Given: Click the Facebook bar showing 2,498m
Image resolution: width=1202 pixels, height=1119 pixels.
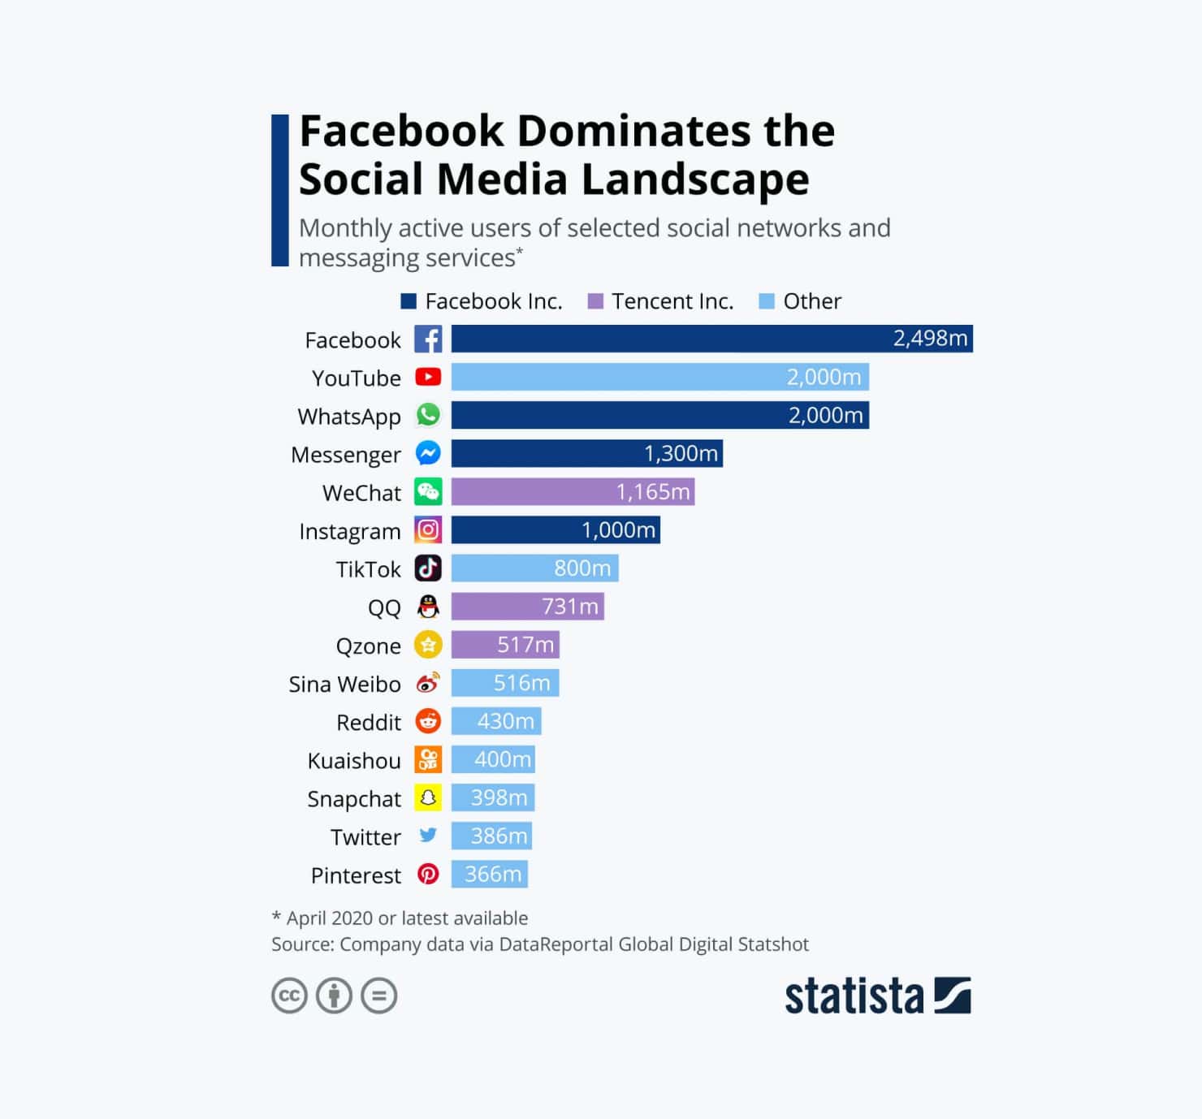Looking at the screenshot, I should pyautogui.click(x=711, y=339).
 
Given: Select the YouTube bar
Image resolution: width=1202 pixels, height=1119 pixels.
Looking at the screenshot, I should pyautogui.click(x=659, y=377).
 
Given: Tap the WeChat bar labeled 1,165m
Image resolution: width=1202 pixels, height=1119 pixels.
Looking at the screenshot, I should pyautogui.click(x=573, y=491).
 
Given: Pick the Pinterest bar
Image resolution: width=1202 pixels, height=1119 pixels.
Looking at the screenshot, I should pyautogui.click(x=490, y=874).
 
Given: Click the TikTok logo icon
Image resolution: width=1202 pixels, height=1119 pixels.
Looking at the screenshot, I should pyautogui.click(x=428, y=568).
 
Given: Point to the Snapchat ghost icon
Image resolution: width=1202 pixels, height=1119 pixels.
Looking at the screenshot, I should pyautogui.click(x=428, y=797).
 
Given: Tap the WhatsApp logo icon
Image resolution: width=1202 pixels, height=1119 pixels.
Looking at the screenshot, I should pyautogui.click(x=428, y=415).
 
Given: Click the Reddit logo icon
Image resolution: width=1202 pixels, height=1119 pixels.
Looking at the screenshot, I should pyautogui.click(x=428, y=721).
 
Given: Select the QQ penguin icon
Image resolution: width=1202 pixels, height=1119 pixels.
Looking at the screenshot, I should pyautogui.click(x=428, y=607).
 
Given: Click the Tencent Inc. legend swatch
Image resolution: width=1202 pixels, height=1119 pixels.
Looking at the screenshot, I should pyautogui.click(x=595, y=301).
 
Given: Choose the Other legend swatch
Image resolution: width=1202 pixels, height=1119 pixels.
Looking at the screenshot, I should pyautogui.click(x=766, y=301).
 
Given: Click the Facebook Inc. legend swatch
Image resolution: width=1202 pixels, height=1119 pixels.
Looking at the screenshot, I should pyautogui.click(x=409, y=301).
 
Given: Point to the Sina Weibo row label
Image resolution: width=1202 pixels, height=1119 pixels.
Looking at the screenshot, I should pyautogui.click(x=344, y=685).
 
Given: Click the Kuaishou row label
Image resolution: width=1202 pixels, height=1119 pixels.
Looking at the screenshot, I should pyautogui.click(x=354, y=761).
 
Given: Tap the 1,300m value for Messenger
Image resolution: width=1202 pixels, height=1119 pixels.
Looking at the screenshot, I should pyautogui.click(x=681, y=453).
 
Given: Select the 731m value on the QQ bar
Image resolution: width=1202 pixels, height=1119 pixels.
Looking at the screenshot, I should pyautogui.click(x=570, y=607).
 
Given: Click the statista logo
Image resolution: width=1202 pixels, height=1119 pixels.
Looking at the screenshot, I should pyautogui.click(x=877, y=996).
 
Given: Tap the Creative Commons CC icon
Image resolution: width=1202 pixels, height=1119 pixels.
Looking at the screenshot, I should pyautogui.click(x=289, y=996).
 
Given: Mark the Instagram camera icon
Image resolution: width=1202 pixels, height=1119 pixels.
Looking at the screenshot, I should pyautogui.click(x=428, y=530).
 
